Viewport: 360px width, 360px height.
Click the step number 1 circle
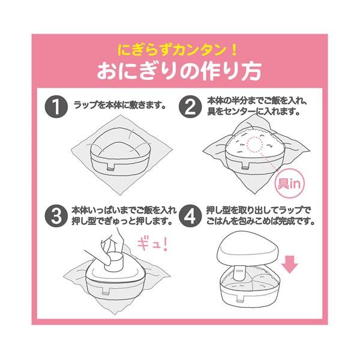[56, 107]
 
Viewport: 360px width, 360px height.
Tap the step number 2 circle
[190, 107]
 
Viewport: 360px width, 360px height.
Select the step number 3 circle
[56, 216]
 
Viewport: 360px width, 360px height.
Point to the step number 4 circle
[190, 216]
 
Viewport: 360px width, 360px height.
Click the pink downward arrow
[290, 265]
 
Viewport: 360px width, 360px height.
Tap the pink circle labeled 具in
[290, 184]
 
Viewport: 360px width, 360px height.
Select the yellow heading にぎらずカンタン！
[177, 50]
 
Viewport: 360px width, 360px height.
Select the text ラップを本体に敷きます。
[120, 105]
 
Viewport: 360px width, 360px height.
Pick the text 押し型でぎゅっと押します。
[122, 222]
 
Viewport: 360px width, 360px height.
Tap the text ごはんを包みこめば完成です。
[260, 222]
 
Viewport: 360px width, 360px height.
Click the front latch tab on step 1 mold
[111, 167]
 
